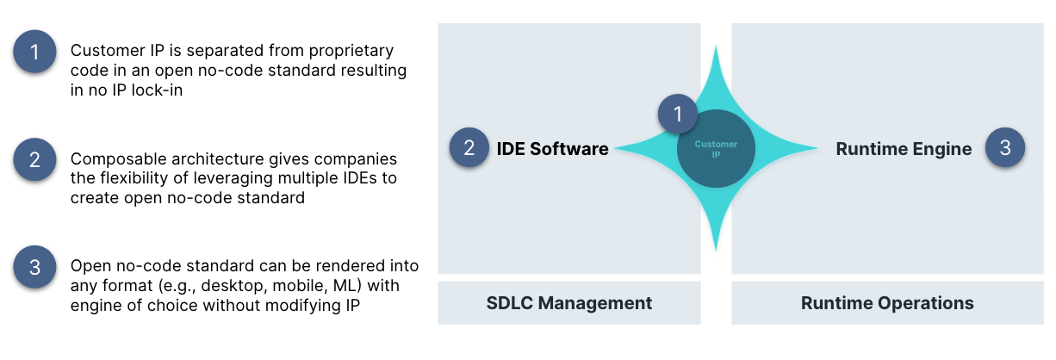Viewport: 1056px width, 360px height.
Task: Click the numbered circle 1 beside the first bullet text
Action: tap(34, 52)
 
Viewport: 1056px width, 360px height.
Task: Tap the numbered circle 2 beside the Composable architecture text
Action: tap(34, 159)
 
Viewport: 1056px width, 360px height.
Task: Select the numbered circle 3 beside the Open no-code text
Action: tap(34, 267)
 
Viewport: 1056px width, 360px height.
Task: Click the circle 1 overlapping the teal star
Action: tap(678, 114)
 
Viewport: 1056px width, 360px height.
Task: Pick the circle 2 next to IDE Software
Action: tap(469, 147)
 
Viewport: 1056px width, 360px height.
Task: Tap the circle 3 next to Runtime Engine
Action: tap(1005, 147)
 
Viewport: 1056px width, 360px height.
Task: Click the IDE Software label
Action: tap(552, 149)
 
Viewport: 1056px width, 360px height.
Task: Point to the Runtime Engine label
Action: tap(904, 149)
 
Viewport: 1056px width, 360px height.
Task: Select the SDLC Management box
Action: tap(569, 303)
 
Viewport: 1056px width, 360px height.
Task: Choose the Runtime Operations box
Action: tap(887, 303)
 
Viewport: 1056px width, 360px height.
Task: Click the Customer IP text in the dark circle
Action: tap(716, 149)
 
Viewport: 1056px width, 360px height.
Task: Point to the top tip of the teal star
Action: tap(716, 47)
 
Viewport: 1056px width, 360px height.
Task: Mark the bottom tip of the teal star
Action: tap(716, 250)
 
